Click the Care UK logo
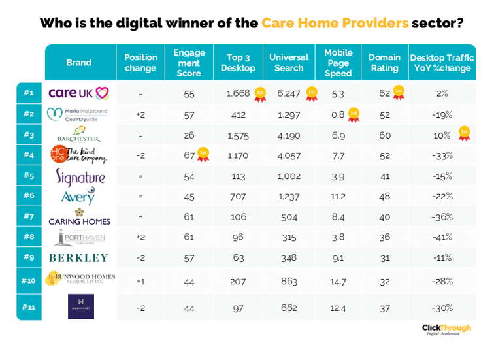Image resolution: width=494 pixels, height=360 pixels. pyautogui.click(x=78, y=93)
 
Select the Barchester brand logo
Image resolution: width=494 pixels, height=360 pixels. pyautogui.click(x=78, y=134)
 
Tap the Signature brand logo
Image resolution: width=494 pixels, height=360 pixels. pyautogui.click(x=80, y=176)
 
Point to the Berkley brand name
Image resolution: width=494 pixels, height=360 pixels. pyautogui.click(x=80, y=257)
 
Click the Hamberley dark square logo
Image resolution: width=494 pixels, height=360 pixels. pyautogui.click(x=80, y=307)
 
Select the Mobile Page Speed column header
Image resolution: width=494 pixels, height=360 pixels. pyautogui.click(x=338, y=63)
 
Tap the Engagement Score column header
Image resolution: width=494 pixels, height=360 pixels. pyautogui.click(x=189, y=63)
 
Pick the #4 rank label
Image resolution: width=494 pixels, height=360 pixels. pyautogui.click(x=29, y=155)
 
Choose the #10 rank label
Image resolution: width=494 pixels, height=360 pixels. pyautogui.click(x=29, y=280)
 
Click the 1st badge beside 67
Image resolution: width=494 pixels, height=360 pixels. pyautogui.click(x=203, y=154)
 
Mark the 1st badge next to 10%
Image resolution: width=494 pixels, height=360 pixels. pyautogui.click(x=464, y=133)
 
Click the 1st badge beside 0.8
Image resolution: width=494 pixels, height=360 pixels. pyautogui.click(x=353, y=114)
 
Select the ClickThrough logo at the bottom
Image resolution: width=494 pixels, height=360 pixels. pyautogui.click(x=442, y=329)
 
